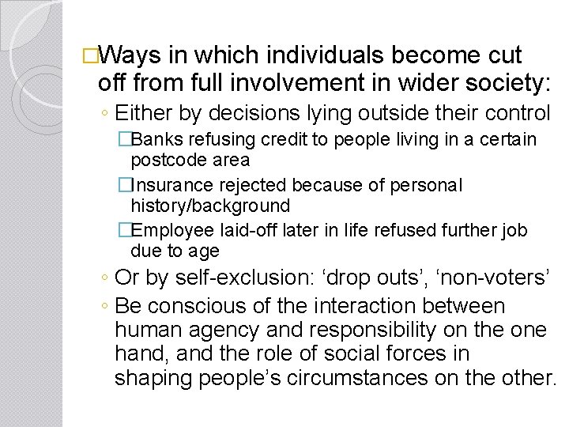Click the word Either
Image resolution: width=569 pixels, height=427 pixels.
pos(146,112)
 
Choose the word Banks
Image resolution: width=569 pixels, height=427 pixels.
pos(153,140)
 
